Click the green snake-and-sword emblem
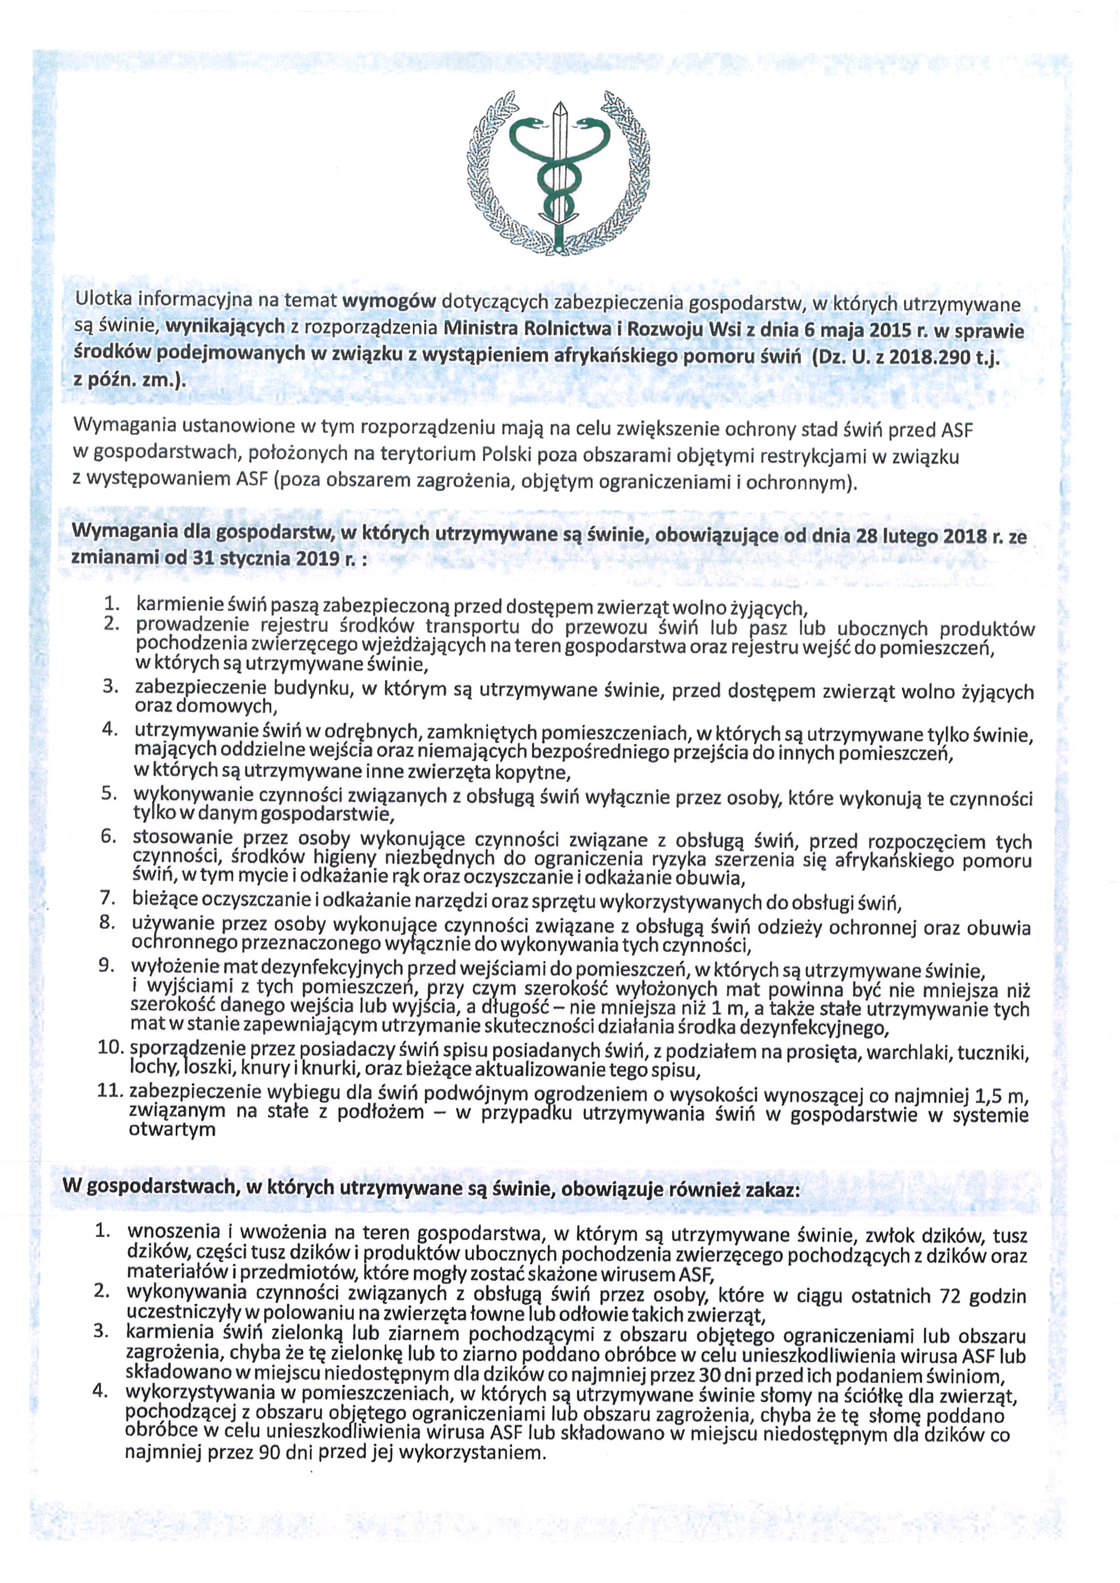pos(560,172)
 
